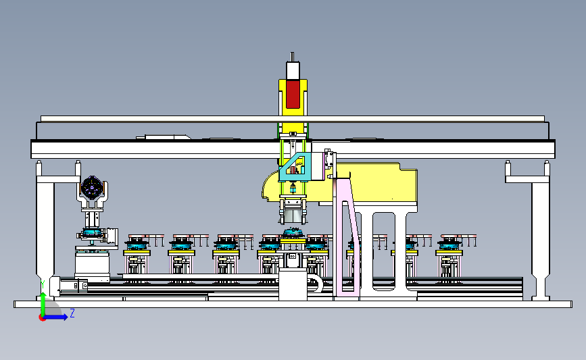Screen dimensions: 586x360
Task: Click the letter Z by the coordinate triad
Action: coord(72,313)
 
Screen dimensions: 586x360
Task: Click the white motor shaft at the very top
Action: coord(292,57)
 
